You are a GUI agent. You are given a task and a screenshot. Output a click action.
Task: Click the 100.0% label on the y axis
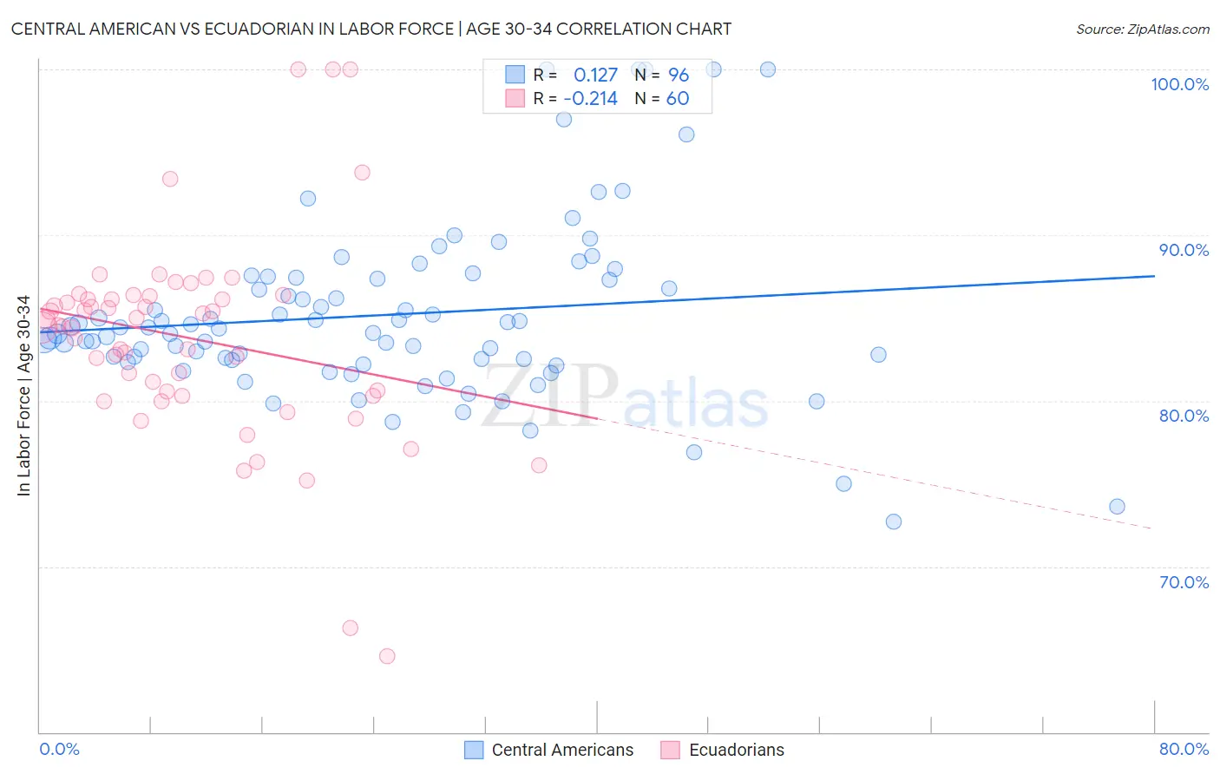[x=1179, y=84]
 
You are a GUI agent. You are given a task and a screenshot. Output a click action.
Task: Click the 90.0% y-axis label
[x=1184, y=250]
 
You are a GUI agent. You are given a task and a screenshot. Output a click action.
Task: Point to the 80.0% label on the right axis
[x=1184, y=416]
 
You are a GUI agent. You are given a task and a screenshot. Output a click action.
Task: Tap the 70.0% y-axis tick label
[x=1184, y=582]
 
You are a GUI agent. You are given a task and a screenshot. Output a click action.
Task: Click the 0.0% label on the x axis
[x=59, y=749]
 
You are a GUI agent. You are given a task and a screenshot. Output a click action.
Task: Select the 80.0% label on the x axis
[x=1184, y=749]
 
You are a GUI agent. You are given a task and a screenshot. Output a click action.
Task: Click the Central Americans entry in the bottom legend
[x=562, y=750]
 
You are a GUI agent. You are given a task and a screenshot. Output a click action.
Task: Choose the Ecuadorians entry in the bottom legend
[x=736, y=750]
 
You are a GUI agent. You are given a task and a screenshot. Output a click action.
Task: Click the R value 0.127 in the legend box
[x=595, y=75]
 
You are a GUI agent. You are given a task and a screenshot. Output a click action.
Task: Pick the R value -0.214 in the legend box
[x=590, y=99]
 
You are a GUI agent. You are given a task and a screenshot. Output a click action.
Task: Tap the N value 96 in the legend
[x=678, y=75]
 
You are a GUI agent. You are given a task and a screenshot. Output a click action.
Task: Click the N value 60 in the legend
[x=677, y=99]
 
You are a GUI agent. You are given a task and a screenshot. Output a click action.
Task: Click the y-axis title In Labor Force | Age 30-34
[x=23, y=396]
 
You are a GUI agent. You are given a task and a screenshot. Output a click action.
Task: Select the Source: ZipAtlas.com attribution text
[x=1142, y=30]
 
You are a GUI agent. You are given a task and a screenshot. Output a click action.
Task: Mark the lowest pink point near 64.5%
[x=387, y=656]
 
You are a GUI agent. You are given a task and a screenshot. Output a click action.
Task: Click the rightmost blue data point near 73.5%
[x=1117, y=507]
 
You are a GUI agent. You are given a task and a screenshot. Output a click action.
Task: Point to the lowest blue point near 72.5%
[x=893, y=521]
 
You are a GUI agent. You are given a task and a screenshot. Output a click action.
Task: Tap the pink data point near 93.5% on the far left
[x=170, y=179]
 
